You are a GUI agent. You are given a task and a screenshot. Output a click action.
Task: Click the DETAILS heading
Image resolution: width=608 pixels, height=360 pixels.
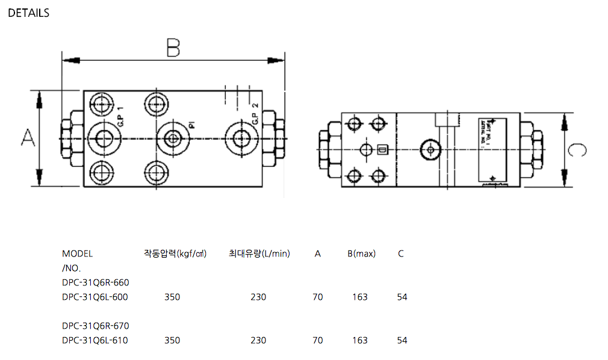[x=29, y=13]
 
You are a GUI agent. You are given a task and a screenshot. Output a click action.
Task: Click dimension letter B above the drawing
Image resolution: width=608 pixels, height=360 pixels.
[x=173, y=48]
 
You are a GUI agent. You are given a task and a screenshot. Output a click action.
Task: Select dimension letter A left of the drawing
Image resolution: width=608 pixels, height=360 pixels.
[x=27, y=138]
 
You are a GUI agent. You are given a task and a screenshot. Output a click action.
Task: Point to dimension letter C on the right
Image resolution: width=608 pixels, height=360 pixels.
[x=577, y=149]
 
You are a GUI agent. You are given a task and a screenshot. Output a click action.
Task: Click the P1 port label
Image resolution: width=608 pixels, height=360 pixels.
[x=191, y=125]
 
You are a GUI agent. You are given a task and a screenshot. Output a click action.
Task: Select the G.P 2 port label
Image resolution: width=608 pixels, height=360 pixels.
[x=255, y=114]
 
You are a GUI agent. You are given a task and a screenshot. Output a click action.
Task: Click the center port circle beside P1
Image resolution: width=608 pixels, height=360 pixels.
[x=173, y=138]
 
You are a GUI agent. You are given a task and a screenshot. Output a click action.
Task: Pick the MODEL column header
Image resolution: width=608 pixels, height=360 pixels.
[x=77, y=253]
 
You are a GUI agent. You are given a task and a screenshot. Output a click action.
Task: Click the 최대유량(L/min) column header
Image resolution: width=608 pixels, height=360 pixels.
[x=259, y=253]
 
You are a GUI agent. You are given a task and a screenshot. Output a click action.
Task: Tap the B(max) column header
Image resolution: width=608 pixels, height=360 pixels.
[x=361, y=253]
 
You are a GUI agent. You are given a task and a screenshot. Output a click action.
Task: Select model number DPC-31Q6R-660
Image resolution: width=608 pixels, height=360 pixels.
[x=95, y=282]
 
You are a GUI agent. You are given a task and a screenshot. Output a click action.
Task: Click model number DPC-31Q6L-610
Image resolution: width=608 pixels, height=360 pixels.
[x=95, y=340]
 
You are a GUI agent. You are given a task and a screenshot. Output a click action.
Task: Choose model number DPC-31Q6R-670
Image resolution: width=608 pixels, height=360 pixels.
[x=95, y=326]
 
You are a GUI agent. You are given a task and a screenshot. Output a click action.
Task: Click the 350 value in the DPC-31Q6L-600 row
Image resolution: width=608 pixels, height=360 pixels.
[x=172, y=297]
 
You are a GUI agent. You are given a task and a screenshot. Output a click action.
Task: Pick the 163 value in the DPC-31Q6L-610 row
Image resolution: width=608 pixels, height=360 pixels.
[x=360, y=340]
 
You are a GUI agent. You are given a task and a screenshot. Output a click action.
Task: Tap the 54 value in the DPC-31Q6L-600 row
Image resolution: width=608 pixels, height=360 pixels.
[x=402, y=297]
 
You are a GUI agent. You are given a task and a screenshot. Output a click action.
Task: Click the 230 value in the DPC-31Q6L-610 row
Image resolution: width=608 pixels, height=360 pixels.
[x=258, y=340]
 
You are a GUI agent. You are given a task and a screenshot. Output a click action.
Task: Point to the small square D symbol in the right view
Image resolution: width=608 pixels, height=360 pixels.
[x=382, y=149]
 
